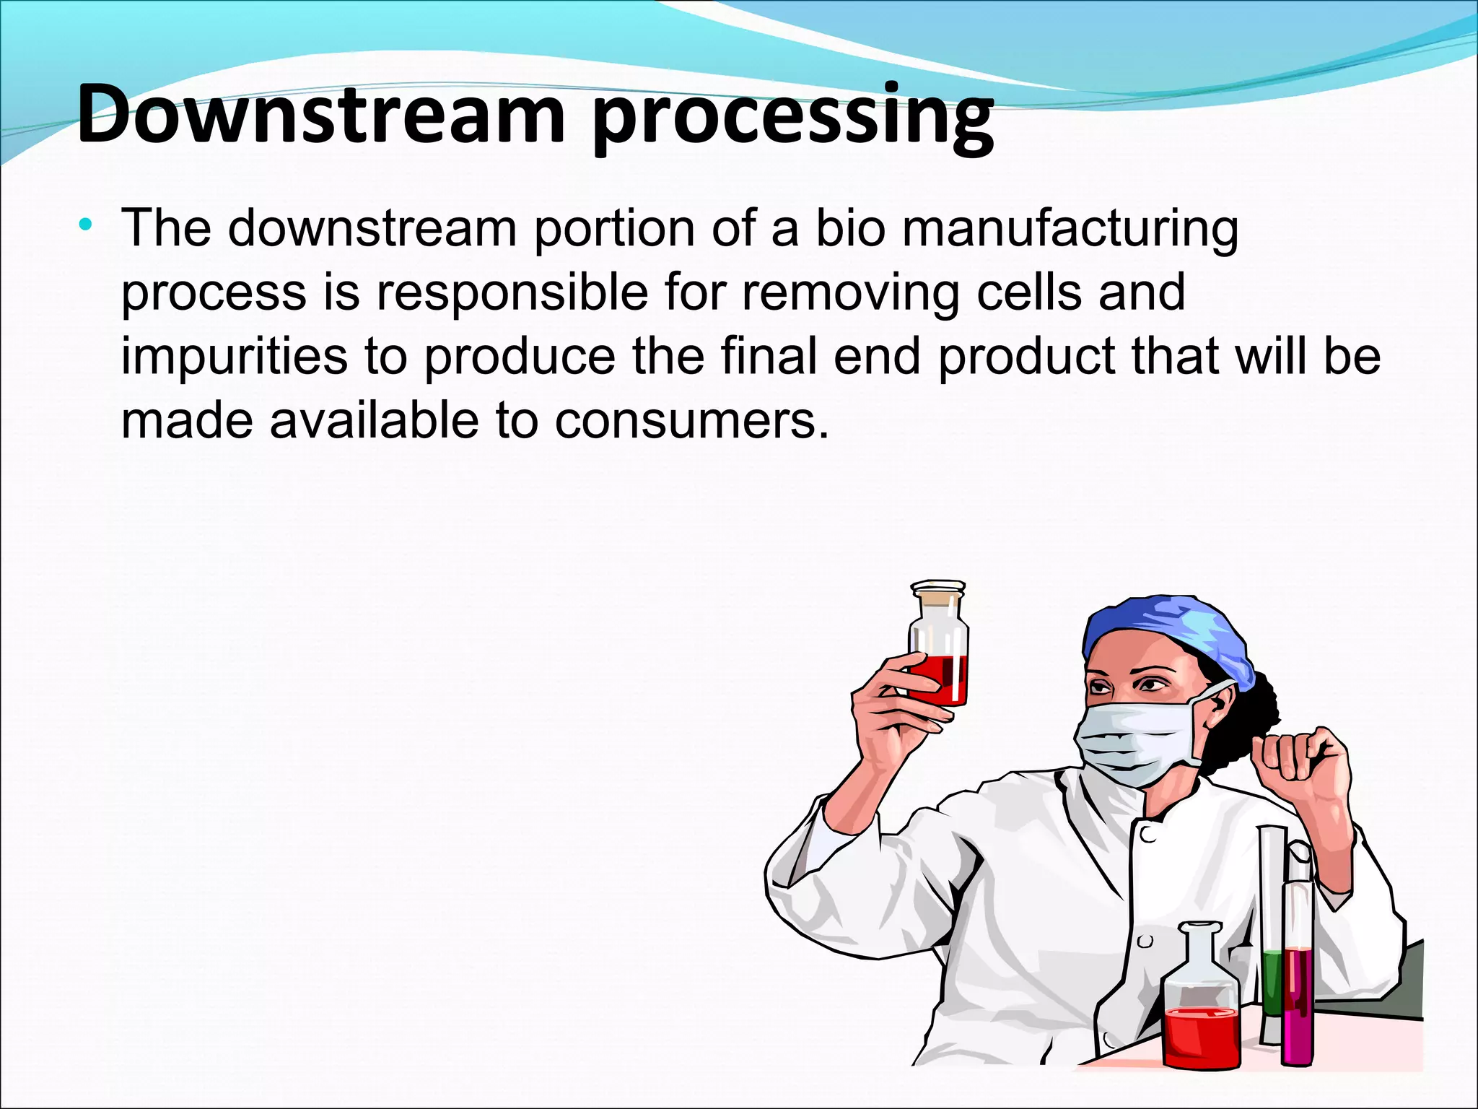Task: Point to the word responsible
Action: (x=512, y=292)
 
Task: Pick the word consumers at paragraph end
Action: (x=691, y=420)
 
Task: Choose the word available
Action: (x=374, y=420)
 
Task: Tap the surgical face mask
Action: (x=1137, y=744)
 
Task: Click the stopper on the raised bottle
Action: (x=937, y=595)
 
